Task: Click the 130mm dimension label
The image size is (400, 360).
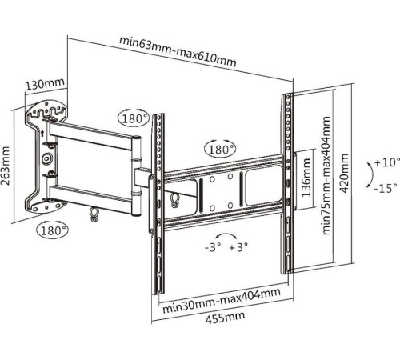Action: pos(45,84)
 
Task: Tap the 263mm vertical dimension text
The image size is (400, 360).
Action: pos(6,166)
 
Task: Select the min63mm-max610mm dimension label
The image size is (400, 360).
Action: pos(178,51)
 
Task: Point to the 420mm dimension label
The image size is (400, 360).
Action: pos(345,173)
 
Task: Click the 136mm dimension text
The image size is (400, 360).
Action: pos(306,178)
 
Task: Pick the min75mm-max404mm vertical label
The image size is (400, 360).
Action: pos(326,175)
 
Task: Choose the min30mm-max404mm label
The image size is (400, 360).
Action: pos(222,301)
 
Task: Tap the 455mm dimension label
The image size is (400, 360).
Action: pos(225,318)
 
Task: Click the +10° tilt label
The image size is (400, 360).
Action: pos(387,162)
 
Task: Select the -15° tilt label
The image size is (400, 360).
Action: pos(386,189)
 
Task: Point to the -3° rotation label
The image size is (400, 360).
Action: pos(213,247)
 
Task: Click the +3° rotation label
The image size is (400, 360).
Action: pos(238,247)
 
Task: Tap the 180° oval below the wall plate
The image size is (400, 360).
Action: pos(53,230)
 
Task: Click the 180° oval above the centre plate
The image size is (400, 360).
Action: pos(220,150)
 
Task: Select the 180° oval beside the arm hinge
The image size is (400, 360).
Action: pos(134,118)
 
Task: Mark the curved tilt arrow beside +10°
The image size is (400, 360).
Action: pos(373,174)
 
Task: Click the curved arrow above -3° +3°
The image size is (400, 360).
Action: pos(226,234)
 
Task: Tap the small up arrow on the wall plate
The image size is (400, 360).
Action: pos(42,134)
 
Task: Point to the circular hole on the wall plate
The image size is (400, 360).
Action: pos(47,158)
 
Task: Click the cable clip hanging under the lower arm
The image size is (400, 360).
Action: pos(94,214)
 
